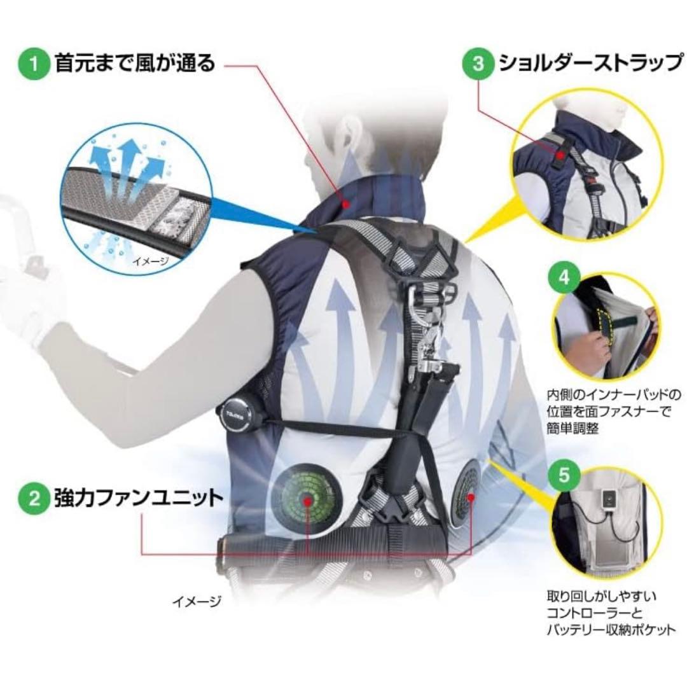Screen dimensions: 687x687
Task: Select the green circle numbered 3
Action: (478, 64)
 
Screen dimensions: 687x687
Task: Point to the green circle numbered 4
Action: (565, 278)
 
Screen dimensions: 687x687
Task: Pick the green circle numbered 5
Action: (565, 475)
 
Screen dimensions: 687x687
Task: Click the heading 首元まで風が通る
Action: (135, 63)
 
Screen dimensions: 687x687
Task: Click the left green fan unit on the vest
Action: (306, 499)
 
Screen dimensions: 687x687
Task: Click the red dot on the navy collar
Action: (346, 203)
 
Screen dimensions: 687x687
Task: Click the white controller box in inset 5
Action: (609, 499)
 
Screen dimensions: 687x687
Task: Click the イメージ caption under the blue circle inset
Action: (151, 262)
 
